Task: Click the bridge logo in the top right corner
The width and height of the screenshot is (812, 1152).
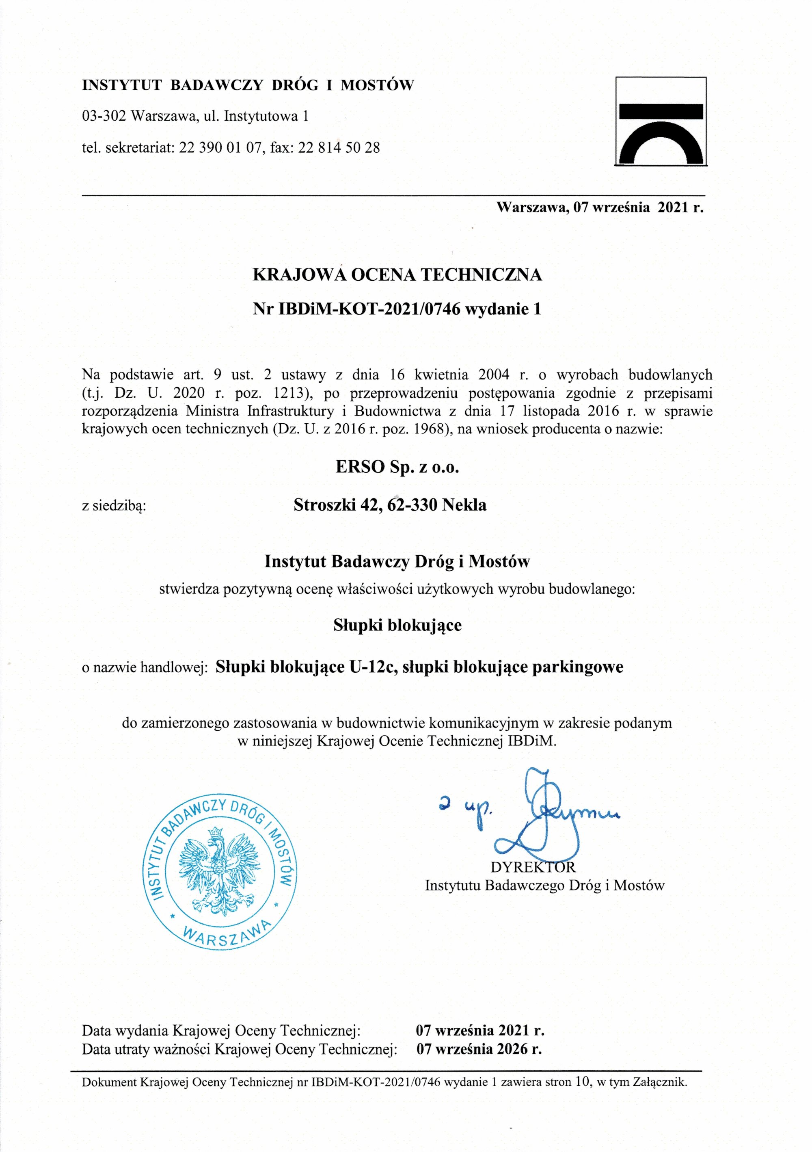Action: (661, 121)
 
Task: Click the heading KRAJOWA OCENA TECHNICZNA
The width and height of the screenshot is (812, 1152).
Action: (397, 275)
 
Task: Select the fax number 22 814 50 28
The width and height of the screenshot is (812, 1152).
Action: (339, 147)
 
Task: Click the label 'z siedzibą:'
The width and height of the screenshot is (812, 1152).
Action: (114, 506)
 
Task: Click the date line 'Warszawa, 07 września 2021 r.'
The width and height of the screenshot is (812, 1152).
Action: (600, 207)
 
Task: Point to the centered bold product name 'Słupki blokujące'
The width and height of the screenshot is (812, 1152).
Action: (397, 625)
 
